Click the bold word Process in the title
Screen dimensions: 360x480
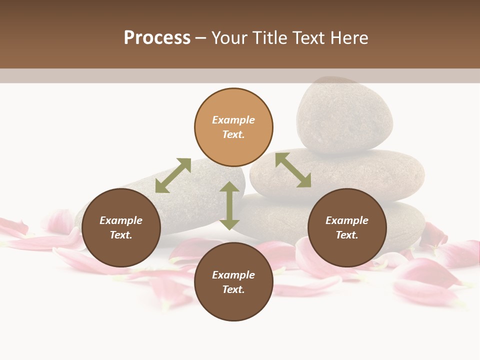[157, 38]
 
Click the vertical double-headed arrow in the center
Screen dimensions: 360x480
[229, 205]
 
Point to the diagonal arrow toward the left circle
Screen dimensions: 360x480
[173, 175]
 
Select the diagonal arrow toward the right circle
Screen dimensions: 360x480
[293, 170]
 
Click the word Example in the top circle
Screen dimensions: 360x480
[233, 120]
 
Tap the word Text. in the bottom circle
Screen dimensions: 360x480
[233, 289]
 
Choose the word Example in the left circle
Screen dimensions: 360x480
[121, 220]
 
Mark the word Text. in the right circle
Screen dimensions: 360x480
[347, 235]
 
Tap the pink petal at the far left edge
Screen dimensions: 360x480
[12, 227]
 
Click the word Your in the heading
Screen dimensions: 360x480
[228, 38]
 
